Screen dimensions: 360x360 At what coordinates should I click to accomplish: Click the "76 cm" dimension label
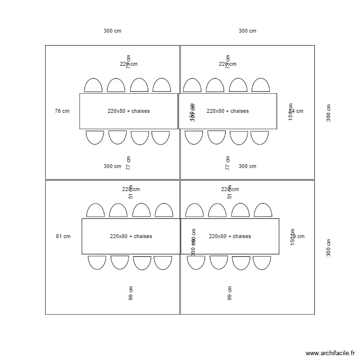62,111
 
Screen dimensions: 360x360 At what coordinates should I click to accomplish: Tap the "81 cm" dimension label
63,236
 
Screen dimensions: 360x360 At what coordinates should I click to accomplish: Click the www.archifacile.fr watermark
330,353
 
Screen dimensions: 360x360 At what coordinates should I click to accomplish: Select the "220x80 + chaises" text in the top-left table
129,111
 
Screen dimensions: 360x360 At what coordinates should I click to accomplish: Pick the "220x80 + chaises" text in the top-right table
228,111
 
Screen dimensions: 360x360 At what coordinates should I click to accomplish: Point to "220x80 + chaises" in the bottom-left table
131,236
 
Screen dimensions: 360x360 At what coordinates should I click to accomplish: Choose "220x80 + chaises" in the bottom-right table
230,236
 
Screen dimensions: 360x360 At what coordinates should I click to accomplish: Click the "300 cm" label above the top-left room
112,31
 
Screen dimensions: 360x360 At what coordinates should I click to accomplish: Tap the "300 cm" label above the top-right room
247,31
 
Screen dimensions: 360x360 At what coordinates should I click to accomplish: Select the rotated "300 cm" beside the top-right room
329,113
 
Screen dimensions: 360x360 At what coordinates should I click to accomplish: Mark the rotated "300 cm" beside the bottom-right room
329,248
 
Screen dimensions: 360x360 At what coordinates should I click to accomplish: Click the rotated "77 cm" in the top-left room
129,163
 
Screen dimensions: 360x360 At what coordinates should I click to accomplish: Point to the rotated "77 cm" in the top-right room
228,163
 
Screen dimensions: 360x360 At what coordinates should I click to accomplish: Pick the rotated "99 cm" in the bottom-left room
131,293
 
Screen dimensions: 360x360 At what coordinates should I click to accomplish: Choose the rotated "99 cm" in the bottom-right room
230,293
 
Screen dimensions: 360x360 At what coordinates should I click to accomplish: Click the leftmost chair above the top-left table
93,85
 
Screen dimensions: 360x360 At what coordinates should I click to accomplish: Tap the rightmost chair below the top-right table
260,137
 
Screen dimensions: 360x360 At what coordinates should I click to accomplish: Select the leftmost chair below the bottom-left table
97,262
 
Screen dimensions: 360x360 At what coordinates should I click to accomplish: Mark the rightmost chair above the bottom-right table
263,211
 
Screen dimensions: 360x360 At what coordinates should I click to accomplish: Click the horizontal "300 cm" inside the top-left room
112,166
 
